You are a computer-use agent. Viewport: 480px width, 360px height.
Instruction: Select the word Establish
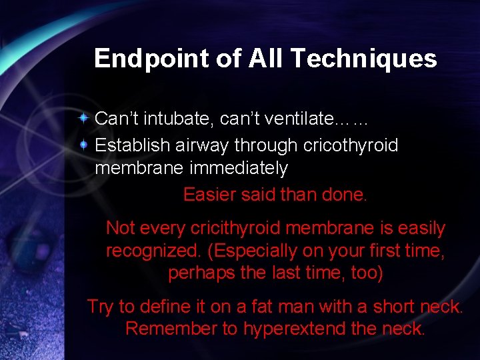pyautogui.click(x=129, y=145)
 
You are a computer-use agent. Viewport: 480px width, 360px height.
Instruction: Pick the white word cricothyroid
pyautogui.click(x=351, y=145)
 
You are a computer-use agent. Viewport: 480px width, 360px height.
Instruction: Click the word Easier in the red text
pyautogui.click(x=209, y=195)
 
